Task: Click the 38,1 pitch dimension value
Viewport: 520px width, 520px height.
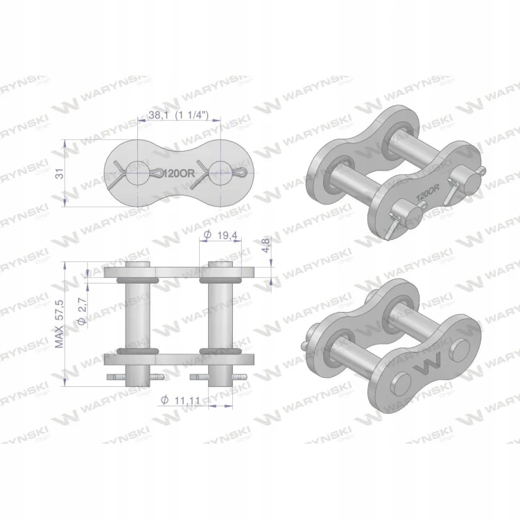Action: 159,115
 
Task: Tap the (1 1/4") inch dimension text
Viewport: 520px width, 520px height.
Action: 192,115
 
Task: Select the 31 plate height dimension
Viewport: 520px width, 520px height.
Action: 60,173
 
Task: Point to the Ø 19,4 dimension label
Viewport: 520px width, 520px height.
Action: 220,235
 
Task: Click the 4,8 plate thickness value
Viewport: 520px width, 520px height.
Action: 266,245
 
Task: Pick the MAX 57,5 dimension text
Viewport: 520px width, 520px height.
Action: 60,323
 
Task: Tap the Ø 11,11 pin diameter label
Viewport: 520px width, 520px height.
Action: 180,400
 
